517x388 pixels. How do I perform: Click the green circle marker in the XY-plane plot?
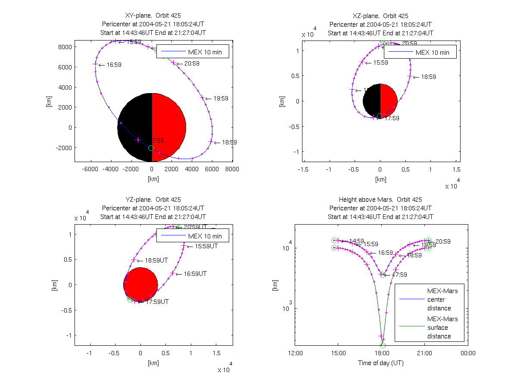click(151, 148)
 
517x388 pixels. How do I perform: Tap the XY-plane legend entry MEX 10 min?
click(205, 52)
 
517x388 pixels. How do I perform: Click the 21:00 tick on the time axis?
click(424, 353)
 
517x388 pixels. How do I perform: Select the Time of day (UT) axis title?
click(381, 363)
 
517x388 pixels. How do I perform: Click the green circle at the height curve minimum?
click(383, 345)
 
